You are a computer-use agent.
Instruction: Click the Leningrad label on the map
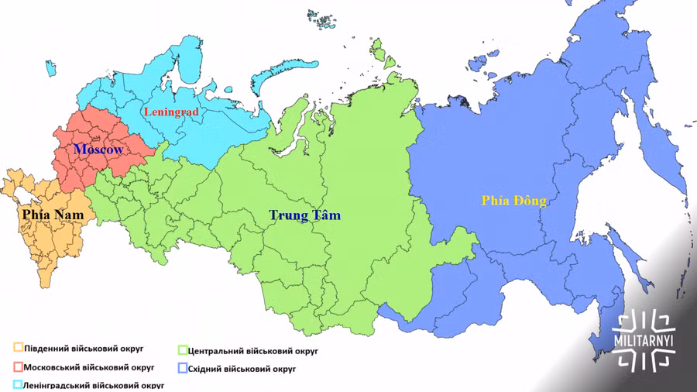pyautogui.click(x=171, y=112)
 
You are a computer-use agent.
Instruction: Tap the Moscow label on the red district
pyautogui.click(x=98, y=149)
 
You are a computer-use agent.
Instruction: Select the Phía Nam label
pyautogui.click(x=53, y=213)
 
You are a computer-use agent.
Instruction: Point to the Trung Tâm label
pyautogui.click(x=304, y=215)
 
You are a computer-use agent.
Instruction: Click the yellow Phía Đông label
pyautogui.click(x=513, y=201)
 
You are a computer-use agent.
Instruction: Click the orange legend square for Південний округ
pyautogui.click(x=17, y=348)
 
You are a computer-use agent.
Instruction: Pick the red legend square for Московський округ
pyautogui.click(x=17, y=366)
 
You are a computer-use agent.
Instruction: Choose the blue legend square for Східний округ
pyautogui.click(x=182, y=369)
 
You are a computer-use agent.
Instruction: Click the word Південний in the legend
pyautogui.click(x=48, y=349)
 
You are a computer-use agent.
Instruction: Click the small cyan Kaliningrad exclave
pyautogui.click(x=50, y=67)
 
